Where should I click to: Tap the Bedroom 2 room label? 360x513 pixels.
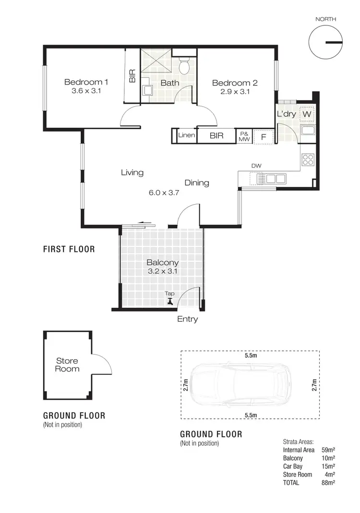click(235, 83)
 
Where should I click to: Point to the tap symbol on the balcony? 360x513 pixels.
click(169, 301)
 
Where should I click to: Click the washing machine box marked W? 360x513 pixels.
click(307, 114)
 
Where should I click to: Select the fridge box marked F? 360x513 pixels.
click(263, 136)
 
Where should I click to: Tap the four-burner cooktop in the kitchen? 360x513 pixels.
click(308, 159)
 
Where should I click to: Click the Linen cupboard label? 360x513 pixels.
click(186, 135)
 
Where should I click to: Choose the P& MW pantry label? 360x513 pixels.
click(244, 136)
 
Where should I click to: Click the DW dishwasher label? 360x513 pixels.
click(256, 166)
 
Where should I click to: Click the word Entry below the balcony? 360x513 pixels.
click(187, 319)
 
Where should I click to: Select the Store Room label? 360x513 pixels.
click(67, 365)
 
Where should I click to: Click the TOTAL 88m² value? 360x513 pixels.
click(328, 482)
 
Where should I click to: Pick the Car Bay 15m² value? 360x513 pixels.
click(328, 466)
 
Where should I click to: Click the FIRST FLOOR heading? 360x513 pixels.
click(69, 249)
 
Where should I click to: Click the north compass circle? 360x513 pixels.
click(325, 42)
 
